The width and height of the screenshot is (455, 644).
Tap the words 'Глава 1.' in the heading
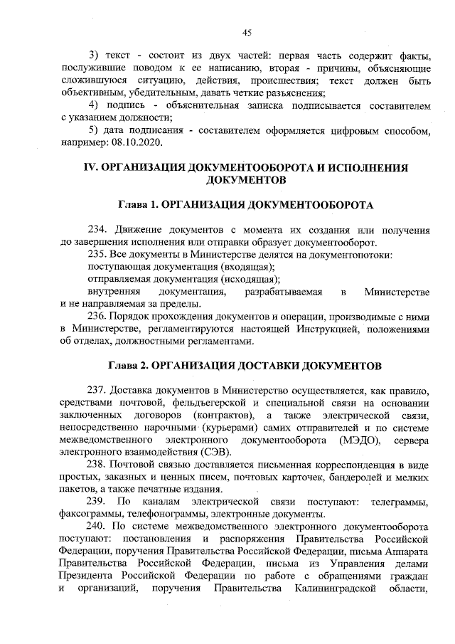pyautogui.click(x=139, y=205)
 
